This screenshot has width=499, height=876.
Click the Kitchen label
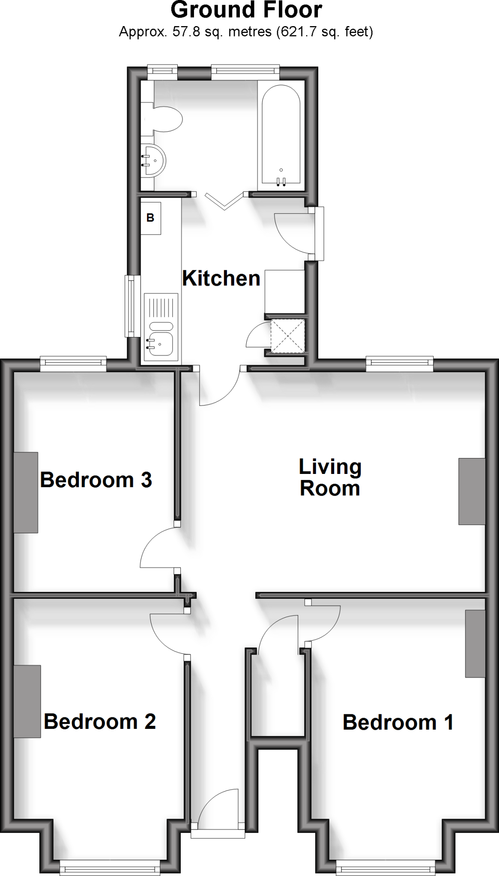[221, 278]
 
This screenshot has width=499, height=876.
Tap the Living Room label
[330, 477]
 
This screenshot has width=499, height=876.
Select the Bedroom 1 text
[398, 722]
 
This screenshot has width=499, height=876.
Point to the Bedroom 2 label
[99, 722]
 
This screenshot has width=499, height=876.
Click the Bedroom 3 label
[96, 480]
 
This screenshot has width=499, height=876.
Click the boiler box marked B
[150, 218]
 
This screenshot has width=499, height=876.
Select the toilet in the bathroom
[167, 118]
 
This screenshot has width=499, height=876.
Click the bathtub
[281, 135]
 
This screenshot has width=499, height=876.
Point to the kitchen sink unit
[161, 327]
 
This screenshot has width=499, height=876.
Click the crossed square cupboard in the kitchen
[288, 336]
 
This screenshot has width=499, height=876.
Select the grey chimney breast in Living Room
[472, 491]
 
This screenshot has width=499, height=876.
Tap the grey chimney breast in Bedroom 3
[26, 492]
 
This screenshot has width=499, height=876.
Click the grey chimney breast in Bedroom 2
[27, 701]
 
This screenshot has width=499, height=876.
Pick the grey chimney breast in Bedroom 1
[475, 643]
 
